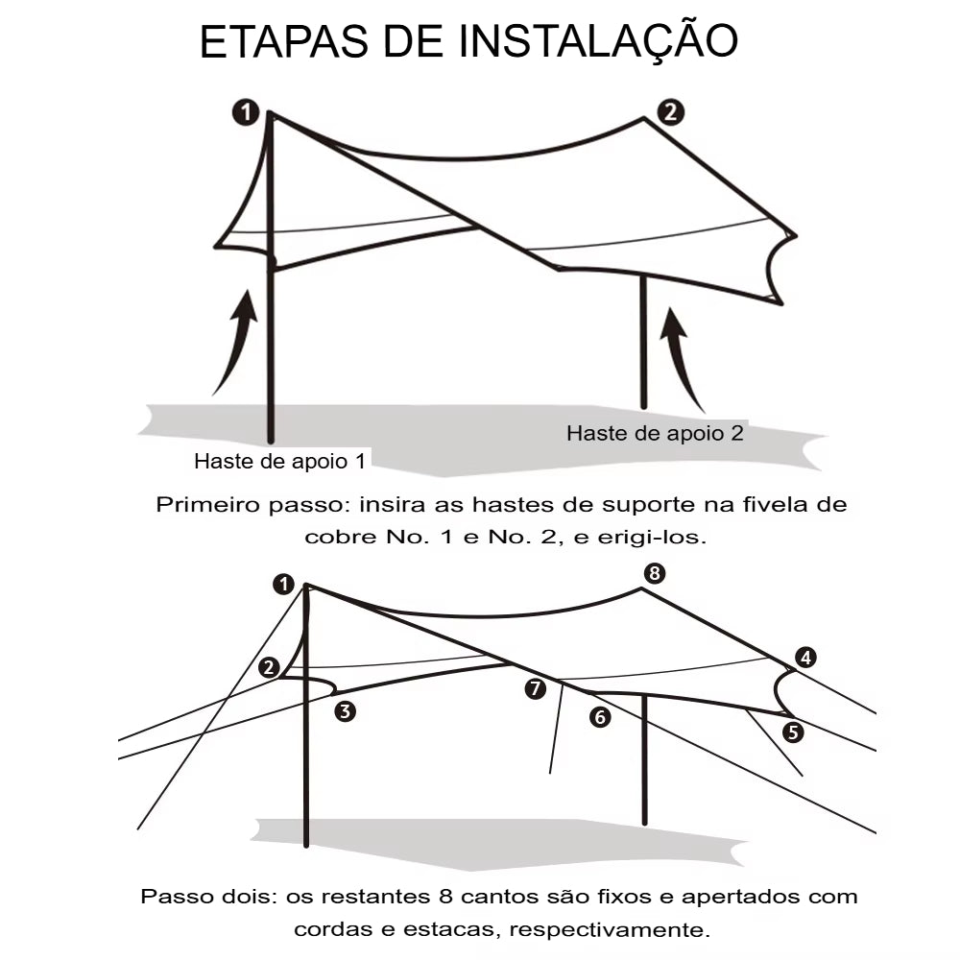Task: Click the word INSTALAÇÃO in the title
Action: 599,42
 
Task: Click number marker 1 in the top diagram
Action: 246,113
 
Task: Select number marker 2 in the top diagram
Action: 670,111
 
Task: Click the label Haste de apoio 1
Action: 279,461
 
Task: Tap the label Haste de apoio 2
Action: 655,433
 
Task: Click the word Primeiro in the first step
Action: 203,505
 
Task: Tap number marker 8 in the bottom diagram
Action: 654,574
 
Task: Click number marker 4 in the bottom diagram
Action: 805,658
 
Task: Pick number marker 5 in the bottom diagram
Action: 793,732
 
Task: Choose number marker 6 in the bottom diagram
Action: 600,716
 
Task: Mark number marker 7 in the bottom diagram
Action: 536,687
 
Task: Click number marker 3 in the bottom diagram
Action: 345,711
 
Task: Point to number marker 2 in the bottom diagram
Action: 269,667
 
